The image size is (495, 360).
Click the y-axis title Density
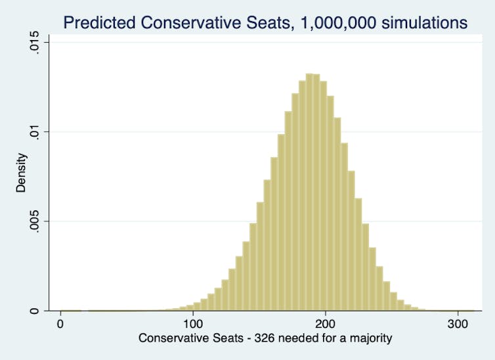(22, 173)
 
